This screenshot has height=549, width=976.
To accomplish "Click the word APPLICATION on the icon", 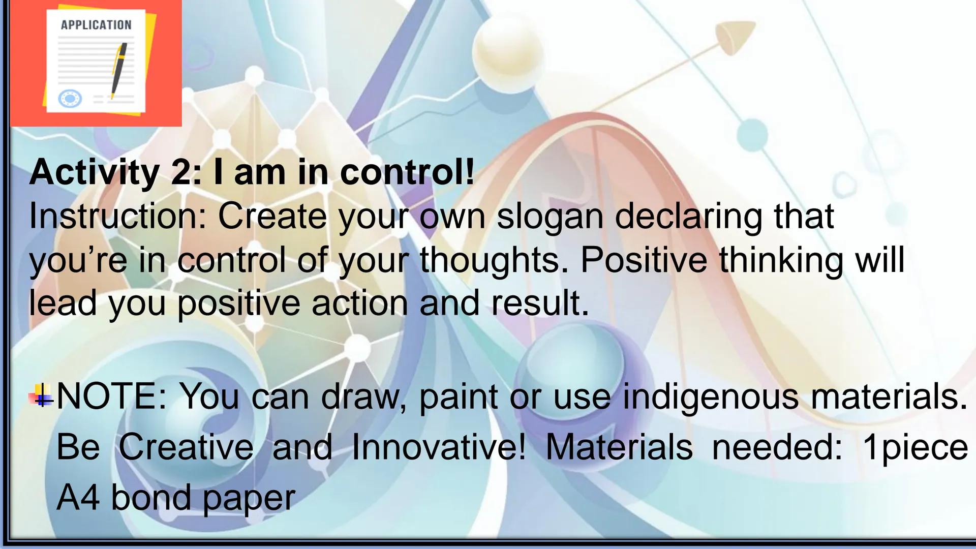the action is click(x=96, y=25).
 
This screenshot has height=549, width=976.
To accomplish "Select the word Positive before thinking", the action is click(x=643, y=260).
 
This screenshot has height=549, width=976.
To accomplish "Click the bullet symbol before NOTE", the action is click(x=42, y=395).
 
